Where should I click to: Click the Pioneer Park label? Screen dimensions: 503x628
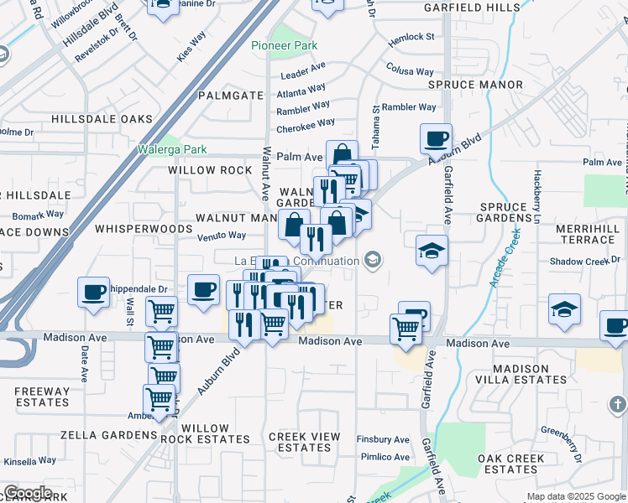[x=285, y=44]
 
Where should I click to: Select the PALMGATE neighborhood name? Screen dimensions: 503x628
[x=231, y=96]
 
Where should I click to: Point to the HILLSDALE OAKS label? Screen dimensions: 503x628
[x=102, y=119]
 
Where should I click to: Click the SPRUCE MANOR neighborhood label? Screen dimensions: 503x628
[x=475, y=85]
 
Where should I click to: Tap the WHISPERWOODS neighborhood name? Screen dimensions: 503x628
[x=144, y=228]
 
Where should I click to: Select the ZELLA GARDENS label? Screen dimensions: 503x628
[x=109, y=436]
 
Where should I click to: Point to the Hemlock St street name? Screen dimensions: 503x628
[x=411, y=39]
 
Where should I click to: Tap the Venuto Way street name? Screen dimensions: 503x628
[x=222, y=236]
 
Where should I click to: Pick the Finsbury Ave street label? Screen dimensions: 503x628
[x=383, y=439]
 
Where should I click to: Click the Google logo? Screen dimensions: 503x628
[x=28, y=493]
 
